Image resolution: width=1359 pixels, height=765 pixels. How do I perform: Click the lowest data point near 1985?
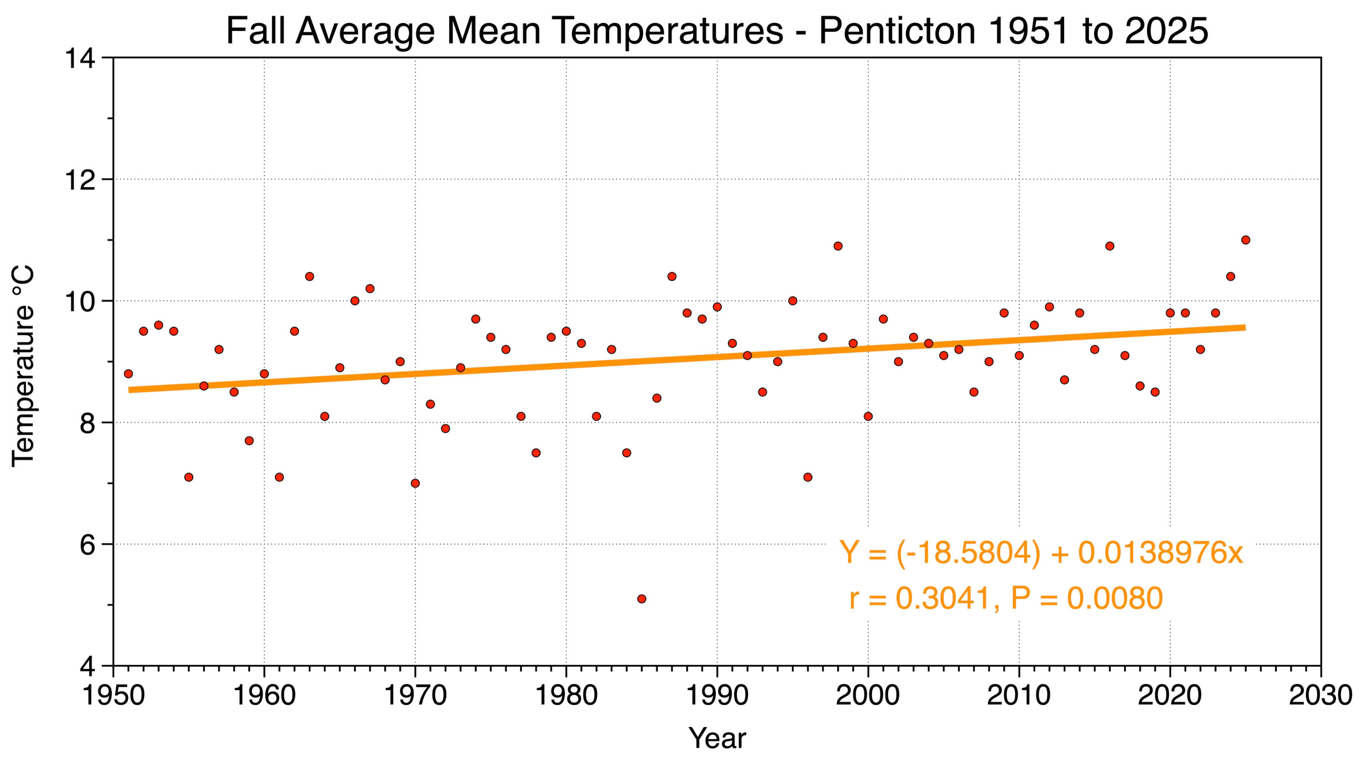[641, 599]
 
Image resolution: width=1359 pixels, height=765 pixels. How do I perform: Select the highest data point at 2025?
[1246, 240]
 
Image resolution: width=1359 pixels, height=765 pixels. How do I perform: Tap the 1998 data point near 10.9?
[838, 247]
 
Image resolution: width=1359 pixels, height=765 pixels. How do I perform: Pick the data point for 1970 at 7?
[415, 483]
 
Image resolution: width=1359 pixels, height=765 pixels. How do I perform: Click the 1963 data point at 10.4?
[309, 277]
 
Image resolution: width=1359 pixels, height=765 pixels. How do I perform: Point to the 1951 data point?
[128, 374]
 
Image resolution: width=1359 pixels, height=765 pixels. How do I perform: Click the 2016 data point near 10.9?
[1110, 247]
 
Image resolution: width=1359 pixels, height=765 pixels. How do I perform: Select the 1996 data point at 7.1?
[808, 478]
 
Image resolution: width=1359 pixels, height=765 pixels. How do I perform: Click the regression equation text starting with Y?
[1041, 553]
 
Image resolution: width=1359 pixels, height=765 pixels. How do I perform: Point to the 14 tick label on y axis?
[79, 59]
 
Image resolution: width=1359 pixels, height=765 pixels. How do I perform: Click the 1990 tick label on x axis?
[718, 696]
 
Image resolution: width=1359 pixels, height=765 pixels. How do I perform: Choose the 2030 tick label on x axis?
[1320, 696]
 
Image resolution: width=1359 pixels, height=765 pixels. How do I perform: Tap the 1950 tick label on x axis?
[113, 696]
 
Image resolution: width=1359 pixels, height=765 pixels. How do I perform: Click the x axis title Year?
[717, 739]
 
